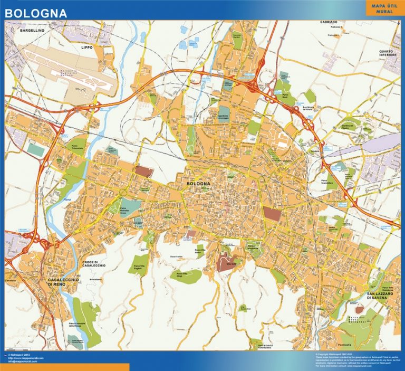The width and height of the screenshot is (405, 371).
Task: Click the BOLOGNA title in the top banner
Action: pyautogui.click(x=35, y=11)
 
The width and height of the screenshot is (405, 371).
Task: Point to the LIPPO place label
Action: pyautogui.click(x=85, y=47)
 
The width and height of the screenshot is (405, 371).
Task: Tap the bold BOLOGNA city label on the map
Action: pyautogui.click(x=198, y=184)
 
